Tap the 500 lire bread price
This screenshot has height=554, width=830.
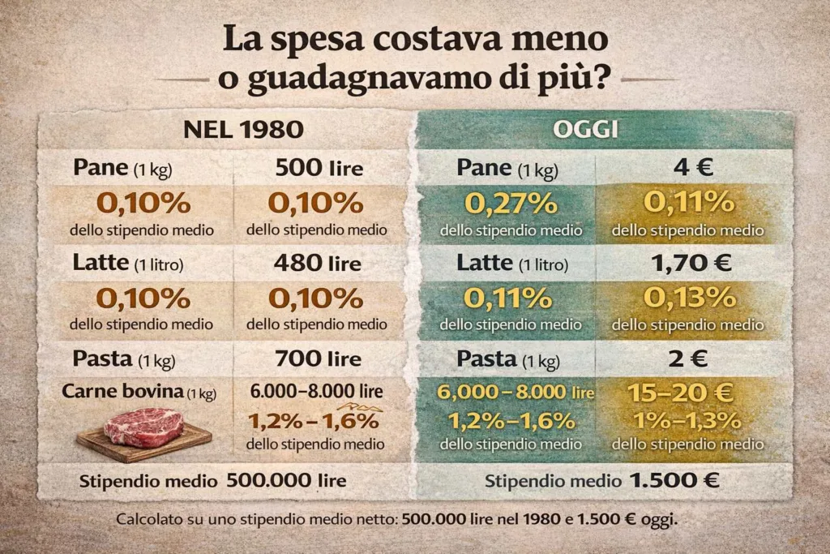(x=319, y=168)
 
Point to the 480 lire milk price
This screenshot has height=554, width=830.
(x=318, y=263)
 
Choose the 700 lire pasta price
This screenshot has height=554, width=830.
(x=318, y=358)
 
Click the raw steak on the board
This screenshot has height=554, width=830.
(x=145, y=427)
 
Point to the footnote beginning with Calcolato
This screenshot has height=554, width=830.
(x=397, y=520)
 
